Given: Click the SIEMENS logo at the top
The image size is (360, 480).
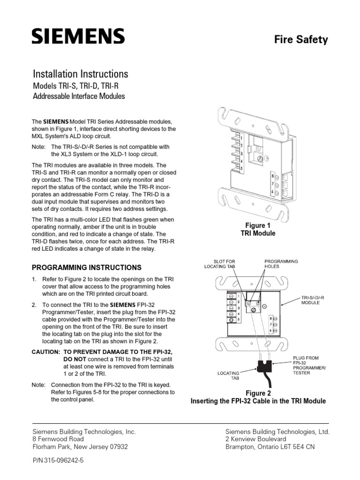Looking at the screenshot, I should pos(78,36).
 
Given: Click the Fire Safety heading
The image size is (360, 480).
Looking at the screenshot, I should pos(301,39).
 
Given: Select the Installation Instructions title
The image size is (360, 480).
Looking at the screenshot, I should pos(80,74).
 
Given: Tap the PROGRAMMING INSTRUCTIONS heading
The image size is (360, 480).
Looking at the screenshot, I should pos(86,268).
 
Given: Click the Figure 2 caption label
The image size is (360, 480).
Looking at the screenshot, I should pos(258,393).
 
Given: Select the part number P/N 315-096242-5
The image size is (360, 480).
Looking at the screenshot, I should pos(58,461).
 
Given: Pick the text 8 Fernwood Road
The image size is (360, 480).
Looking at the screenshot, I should pos(58,439).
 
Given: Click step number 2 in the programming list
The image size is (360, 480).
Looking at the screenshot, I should pos(34,305).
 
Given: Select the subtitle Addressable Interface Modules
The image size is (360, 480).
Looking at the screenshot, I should pos(79,97).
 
